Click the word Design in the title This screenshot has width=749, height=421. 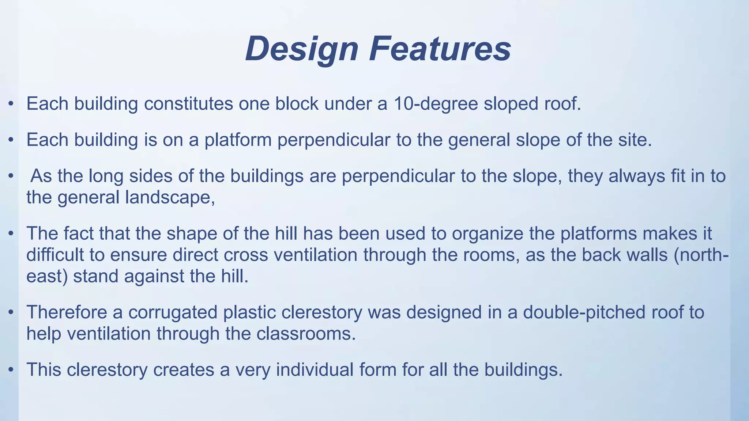point(302,49)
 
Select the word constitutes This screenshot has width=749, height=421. point(188,104)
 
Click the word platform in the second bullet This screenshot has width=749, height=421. point(238,140)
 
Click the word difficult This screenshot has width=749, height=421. point(55,255)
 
